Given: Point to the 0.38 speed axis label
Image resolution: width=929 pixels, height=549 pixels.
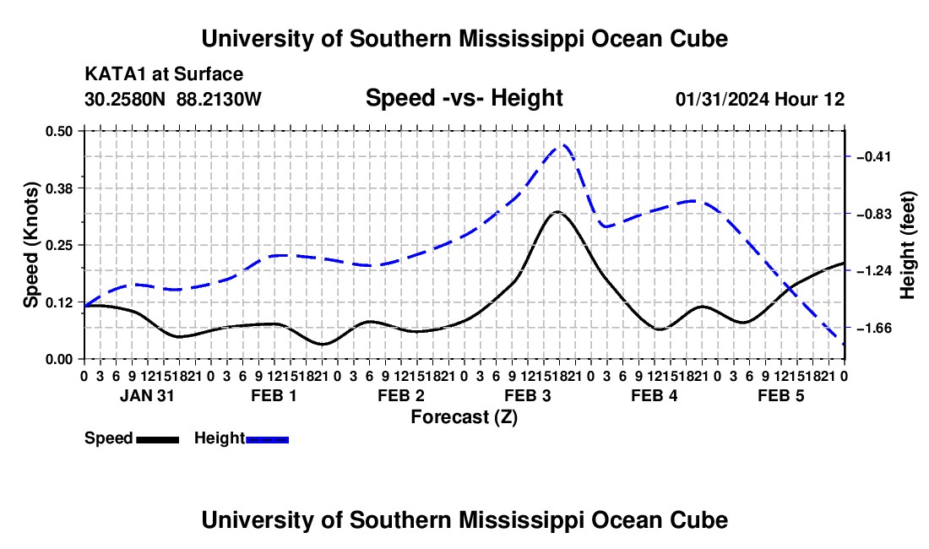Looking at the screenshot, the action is click(x=58, y=188).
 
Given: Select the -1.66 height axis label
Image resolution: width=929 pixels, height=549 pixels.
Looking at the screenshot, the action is click(x=874, y=328).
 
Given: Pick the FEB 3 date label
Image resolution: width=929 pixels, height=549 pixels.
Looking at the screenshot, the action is click(x=527, y=395).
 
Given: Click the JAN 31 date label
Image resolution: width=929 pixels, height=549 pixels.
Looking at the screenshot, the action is click(x=147, y=395).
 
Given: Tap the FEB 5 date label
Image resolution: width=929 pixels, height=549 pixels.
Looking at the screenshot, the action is click(x=781, y=395).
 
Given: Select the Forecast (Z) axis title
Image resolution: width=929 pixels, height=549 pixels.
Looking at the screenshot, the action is click(x=464, y=417).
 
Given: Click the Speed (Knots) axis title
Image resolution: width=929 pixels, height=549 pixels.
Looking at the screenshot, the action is click(x=31, y=245).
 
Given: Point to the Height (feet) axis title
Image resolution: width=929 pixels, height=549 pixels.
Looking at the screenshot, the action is click(x=908, y=245).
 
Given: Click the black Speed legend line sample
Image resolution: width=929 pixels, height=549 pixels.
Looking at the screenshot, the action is click(x=158, y=439).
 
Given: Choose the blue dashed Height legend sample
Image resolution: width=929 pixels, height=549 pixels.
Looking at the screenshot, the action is click(x=267, y=439).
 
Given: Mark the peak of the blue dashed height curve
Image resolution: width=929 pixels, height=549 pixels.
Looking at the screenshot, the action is click(x=563, y=144).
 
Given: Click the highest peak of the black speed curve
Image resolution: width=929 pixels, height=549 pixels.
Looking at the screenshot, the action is click(x=557, y=211).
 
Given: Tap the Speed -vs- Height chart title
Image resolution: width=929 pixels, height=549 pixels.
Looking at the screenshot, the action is click(x=464, y=98).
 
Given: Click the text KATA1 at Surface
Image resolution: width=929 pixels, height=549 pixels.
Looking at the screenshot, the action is click(x=164, y=74).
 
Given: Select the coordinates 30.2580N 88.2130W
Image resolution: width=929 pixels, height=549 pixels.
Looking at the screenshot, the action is click(x=172, y=99).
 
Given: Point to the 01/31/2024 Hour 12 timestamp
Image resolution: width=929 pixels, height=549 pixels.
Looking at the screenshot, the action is click(x=760, y=99).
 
